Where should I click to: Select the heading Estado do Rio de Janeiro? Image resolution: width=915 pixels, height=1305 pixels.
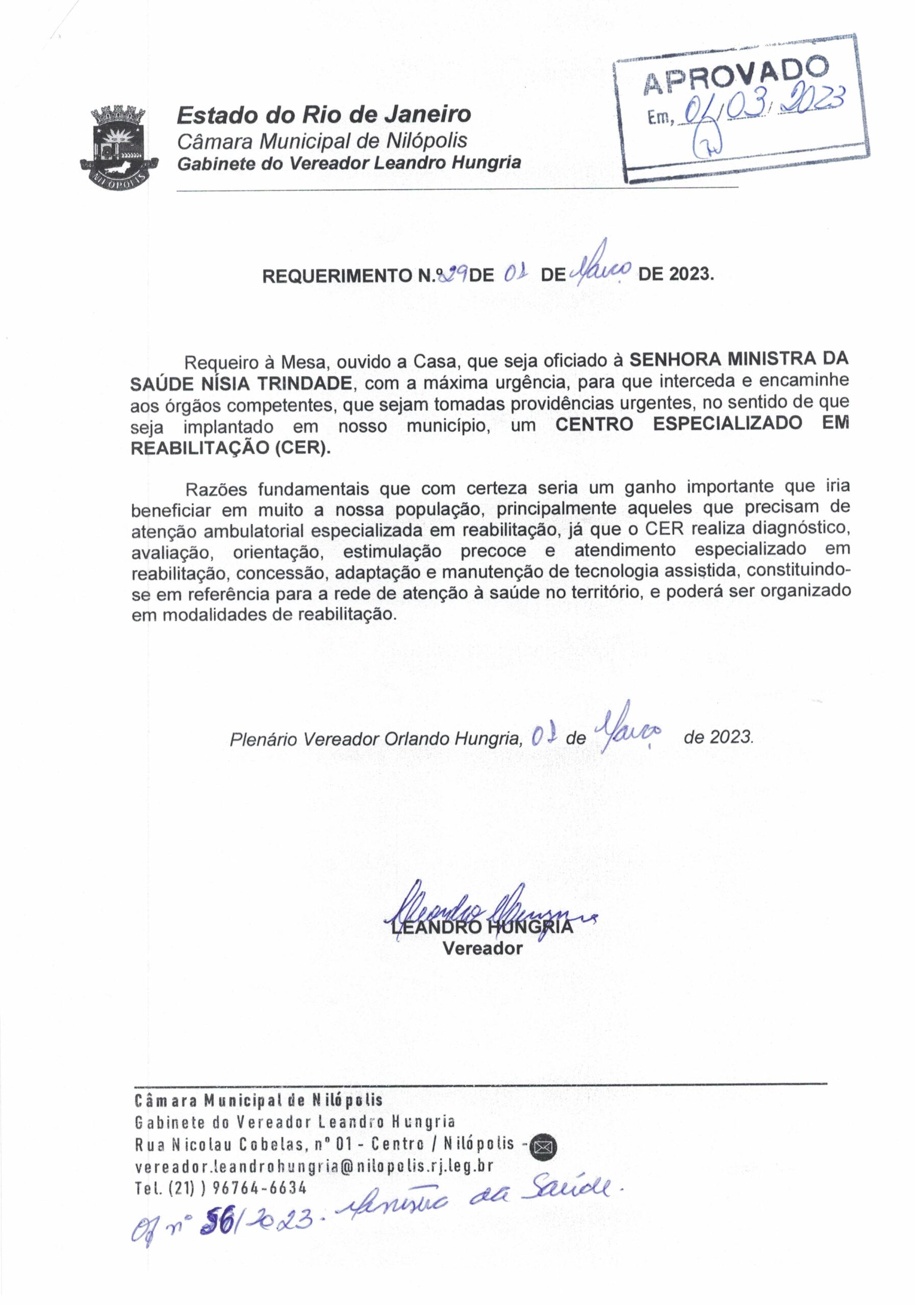pyautogui.click(x=323, y=115)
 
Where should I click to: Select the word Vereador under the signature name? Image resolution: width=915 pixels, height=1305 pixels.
pyautogui.click(x=482, y=948)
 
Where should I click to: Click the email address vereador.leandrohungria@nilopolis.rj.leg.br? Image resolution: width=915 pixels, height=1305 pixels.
pyautogui.click(x=314, y=1166)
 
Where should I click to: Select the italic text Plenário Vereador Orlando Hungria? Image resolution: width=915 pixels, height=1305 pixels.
pyautogui.click(x=375, y=738)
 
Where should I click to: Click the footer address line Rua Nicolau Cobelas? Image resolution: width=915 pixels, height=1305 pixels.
pyautogui.click(x=324, y=1144)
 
